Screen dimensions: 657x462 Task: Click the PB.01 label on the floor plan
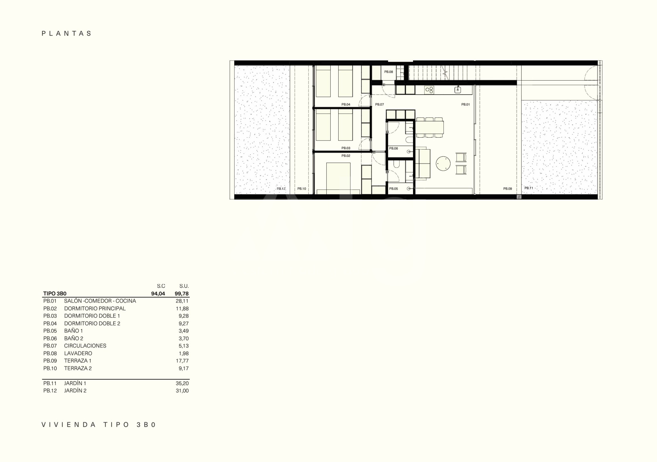tap(465, 104)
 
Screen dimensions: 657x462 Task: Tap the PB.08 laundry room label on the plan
tap(389, 72)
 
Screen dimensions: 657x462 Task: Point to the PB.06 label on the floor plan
tap(393, 148)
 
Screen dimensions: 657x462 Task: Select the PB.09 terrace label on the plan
tap(508, 189)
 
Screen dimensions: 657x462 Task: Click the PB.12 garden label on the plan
tap(281, 189)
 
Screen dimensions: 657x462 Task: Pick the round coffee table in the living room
tap(443, 164)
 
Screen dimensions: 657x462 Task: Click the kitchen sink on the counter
tap(458, 90)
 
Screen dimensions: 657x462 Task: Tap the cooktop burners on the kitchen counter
tap(429, 90)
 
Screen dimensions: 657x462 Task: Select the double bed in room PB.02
tap(338, 178)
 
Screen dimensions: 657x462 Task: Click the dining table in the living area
tap(430, 127)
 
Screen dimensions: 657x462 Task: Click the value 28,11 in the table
tap(182, 301)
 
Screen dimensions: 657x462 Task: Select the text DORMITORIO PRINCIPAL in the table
tap(95, 308)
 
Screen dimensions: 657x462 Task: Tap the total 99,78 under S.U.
tap(182, 294)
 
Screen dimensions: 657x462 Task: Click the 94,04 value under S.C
tap(158, 294)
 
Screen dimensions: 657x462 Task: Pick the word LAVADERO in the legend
tap(78, 353)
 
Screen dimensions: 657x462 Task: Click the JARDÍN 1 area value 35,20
tap(182, 383)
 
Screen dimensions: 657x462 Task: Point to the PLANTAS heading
tap(67, 33)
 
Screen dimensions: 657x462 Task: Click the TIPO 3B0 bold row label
tap(55, 294)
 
